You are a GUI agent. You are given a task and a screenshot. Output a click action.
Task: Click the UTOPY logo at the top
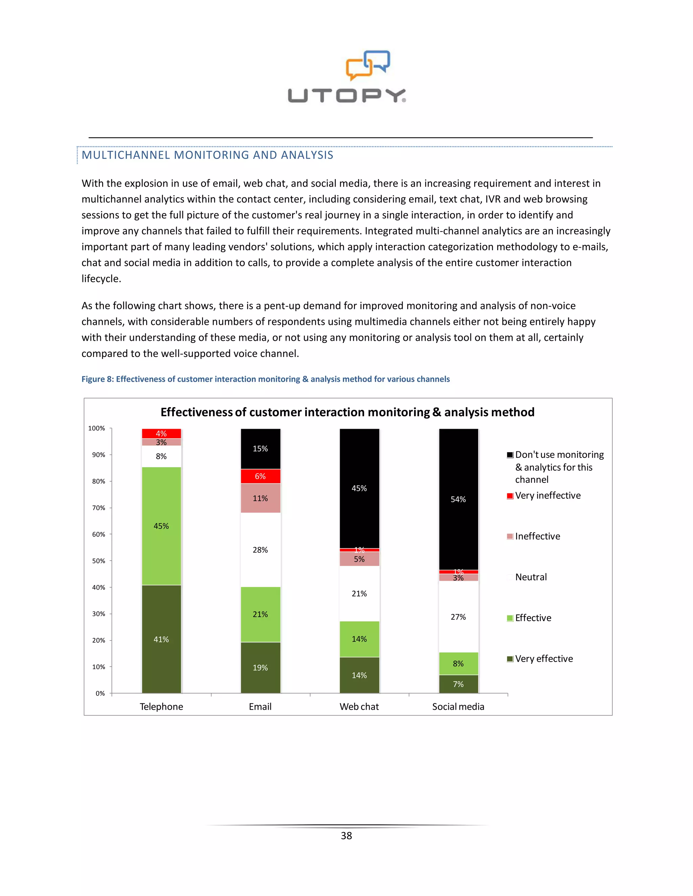pyautogui.click(x=347, y=77)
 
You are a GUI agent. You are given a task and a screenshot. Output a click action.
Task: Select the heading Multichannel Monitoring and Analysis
pyautogui.click(x=207, y=155)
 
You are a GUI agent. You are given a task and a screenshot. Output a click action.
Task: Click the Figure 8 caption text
pyautogui.click(x=266, y=379)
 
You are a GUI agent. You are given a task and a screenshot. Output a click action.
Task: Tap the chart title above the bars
pyautogui.click(x=347, y=412)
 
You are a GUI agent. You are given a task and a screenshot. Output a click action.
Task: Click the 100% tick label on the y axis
pyautogui.click(x=96, y=428)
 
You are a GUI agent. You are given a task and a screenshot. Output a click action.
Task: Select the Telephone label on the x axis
pyautogui.click(x=161, y=706)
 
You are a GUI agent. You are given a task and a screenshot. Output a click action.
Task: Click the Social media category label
pyautogui.click(x=458, y=706)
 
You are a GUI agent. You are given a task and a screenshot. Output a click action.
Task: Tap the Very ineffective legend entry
pyautogui.click(x=547, y=496)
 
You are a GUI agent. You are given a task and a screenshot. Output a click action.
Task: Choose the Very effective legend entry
pyautogui.click(x=543, y=658)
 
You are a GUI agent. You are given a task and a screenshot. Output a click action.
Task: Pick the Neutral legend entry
pyautogui.click(x=531, y=577)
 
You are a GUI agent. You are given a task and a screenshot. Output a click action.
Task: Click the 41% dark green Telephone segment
pyautogui.click(x=161, y=639)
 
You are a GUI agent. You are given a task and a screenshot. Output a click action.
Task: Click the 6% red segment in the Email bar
pyautogui.click(x=260, y=476)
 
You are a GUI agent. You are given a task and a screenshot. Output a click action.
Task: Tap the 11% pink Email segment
pyautogui.click(x=260, y=498)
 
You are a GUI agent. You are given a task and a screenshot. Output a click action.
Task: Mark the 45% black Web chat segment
pyautogui.click(x=359, y=488)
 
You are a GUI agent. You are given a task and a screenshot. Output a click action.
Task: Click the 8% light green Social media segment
pyautogui.click(x=459, y=663)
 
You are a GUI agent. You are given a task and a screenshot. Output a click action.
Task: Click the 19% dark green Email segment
pyautogui.click(x=260, y=667)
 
